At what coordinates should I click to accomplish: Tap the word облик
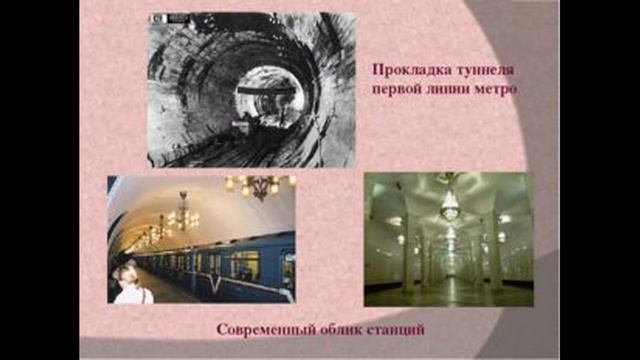342,329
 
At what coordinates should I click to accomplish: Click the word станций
399,329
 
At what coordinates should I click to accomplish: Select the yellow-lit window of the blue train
245,264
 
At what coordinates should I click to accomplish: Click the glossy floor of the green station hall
448,293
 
